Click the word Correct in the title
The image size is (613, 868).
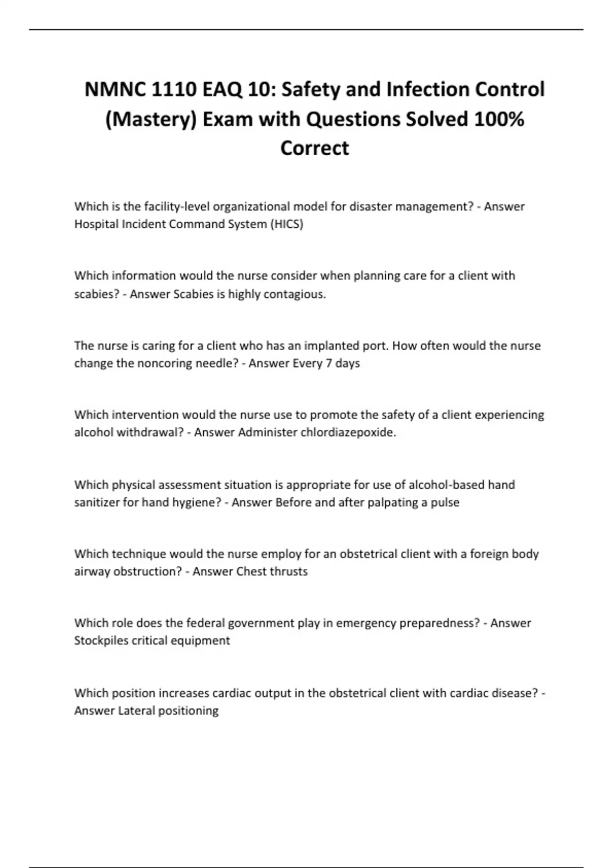point(315,148)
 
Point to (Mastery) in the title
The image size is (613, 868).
point(151,119)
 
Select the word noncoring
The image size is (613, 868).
point(166,364)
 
